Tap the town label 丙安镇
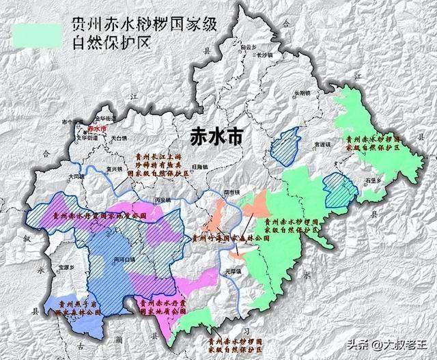(x=163, y=199)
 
